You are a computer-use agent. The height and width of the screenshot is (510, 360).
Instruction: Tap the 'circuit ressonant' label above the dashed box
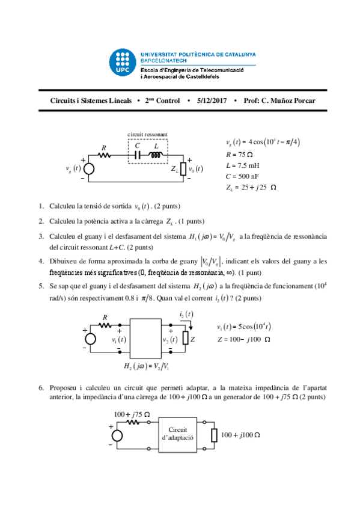(x=147, y=134)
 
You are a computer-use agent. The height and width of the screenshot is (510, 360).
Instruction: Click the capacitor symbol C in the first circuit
(x=138, y=155)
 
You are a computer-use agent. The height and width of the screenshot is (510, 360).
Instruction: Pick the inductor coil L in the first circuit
(x=157, y=155)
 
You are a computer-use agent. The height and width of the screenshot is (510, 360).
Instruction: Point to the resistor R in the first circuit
(x=103, y=155)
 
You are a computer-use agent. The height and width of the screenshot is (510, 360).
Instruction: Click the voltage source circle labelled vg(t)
(x=88, y=169)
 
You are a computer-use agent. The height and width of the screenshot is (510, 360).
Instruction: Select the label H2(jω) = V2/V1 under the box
(x=146, y=366)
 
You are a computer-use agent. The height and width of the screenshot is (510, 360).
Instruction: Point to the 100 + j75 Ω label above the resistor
(x=131, y=414)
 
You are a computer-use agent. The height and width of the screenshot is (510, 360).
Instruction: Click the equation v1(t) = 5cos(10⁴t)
(x=244, y=327)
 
